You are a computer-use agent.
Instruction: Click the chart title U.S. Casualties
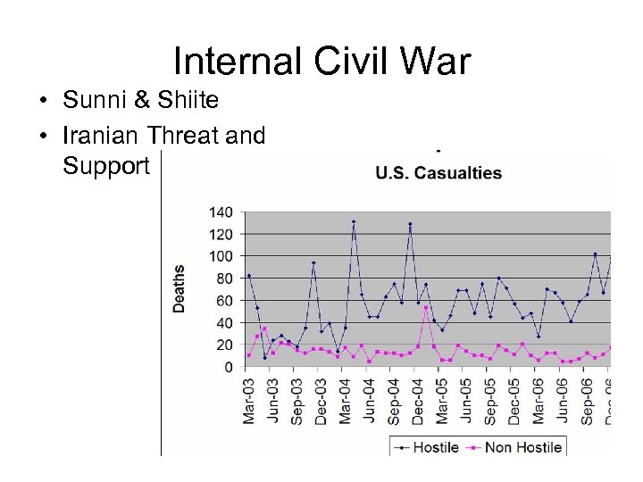pos(438,173)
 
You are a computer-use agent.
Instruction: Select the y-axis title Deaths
pos(180,288)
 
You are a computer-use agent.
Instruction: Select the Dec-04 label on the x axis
pos(418,401)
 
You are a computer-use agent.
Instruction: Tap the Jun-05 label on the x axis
pos(466,401)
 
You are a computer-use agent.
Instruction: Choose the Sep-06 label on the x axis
pos(587,401)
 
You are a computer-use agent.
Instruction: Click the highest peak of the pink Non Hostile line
pos(426,307)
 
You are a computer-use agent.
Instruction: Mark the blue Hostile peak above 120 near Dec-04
pos(410,224)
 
